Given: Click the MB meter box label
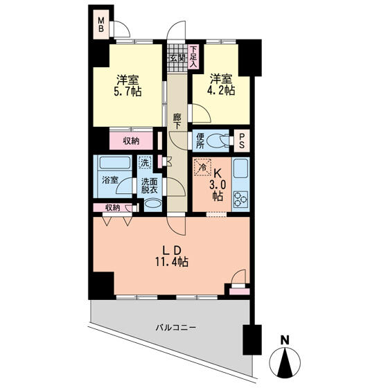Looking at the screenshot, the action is pyautogui.click(x=101, y=24).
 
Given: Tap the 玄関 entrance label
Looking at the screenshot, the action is pyautogui.click(x=177, y=58).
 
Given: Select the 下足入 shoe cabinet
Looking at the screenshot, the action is pyautogui.click(x=193, y=57).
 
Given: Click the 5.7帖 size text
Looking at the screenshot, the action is pyautogui.click(x=127, y=91).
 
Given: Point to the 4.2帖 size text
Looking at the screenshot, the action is pyautogui.click(x=221, y=91).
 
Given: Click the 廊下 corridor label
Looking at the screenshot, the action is pyautogui.click(x=177, y=121).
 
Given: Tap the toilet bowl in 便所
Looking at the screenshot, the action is pyautogui.click(x=218, y=141).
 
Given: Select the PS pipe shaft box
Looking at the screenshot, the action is pyautogui.click(x=242, y=141).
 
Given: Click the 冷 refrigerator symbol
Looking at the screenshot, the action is pyautogui.click(x=202, y=167).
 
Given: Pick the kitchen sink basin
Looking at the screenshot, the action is pyautogui.click(x=241, y=168).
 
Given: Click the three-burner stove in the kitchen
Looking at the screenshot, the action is pyautogui.click(x=241, y=200).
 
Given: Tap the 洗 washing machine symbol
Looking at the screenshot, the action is pyautogui.click(x=145, y=163).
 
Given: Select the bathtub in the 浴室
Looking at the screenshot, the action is pyautogui.click(x=114, y=163).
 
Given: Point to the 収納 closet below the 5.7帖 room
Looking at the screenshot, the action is pyautogui.click(x=131, y=141).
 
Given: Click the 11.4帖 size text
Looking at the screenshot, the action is pyautogui.click(x=172, y=262).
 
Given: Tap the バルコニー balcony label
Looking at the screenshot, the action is pyautogui.click(x=176, y=328).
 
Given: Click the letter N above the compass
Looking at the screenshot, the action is pyautogui.click(x=285, y=340).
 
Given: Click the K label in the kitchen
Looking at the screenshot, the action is pyautogui.click(x=218, y=174).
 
